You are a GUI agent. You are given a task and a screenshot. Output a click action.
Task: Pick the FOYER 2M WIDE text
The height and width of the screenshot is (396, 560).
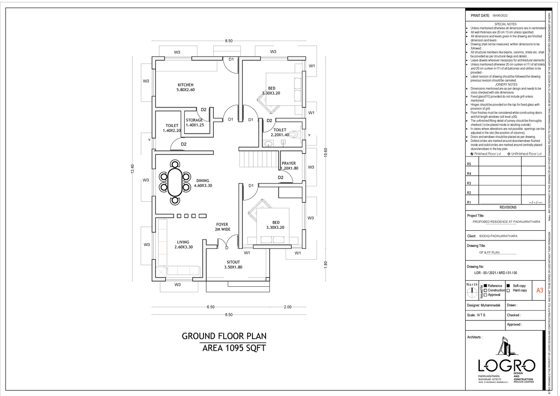[223, 227]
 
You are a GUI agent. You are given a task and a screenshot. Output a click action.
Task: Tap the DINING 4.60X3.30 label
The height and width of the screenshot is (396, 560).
[203, 183]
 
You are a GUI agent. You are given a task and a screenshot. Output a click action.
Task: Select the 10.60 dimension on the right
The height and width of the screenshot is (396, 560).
[326, 153]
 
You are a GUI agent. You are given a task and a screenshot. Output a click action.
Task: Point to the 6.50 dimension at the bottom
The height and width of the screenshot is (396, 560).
[210, 307]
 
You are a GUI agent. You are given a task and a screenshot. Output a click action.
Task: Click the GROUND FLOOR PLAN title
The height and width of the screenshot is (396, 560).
[224, 336]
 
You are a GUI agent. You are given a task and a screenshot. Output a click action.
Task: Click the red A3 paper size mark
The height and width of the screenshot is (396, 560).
[539, 290]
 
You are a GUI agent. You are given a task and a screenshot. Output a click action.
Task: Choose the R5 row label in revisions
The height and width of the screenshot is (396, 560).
[469, 164]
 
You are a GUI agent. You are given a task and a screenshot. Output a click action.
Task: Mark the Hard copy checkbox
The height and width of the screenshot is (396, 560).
[508, 290]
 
